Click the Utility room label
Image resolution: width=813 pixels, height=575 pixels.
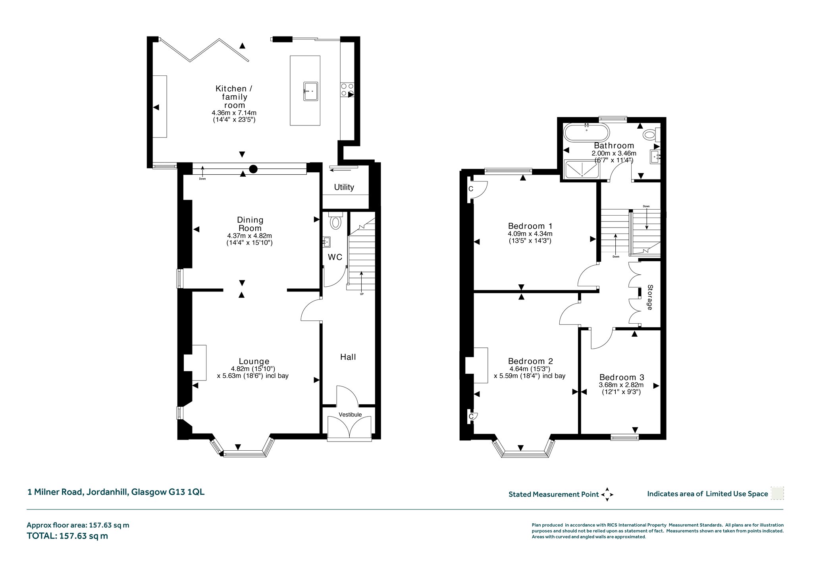pyautogui.click(x=344, y=187)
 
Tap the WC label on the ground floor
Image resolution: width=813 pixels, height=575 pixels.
pyautogui.click(x=335, y=257)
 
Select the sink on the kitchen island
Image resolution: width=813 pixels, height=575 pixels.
pyautogui.click(x=310, y=92)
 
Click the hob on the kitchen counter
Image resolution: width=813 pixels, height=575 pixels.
pyautogui.click(x=347, y=89)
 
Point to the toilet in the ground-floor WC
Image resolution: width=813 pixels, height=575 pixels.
pyautogui.click(x=335, y=220)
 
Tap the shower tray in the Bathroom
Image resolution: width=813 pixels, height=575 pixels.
pyautogui.click(x=582, y=168)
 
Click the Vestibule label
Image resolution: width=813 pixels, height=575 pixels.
pyautogui.click(x=350, y=415)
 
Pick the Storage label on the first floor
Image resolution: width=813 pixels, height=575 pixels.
pyautogui.click(x=650, y=297)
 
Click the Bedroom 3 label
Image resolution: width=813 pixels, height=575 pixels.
pyautogui.click(x=622, y=377)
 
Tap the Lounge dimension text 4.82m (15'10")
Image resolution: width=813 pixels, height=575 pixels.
pyautogui.click(x=253, y=369)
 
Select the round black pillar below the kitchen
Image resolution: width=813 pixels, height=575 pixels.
pyautogui.click(x=253, y=169)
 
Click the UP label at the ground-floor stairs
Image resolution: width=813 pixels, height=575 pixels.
pyautogui.click(x=362, y=294)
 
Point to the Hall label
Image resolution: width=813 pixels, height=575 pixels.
pyautogui.click(x=348, y=357)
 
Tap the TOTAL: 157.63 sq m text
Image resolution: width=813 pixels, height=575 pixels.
pyautogui.click(x=67, y=536)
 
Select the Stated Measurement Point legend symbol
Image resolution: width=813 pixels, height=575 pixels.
pyautogui.click(x=607, y=494)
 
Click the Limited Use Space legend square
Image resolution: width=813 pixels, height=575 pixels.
pyautogui.click(x=777, y=493)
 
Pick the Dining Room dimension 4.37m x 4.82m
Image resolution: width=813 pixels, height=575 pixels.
pyautogui.click(x=249, y=235)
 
